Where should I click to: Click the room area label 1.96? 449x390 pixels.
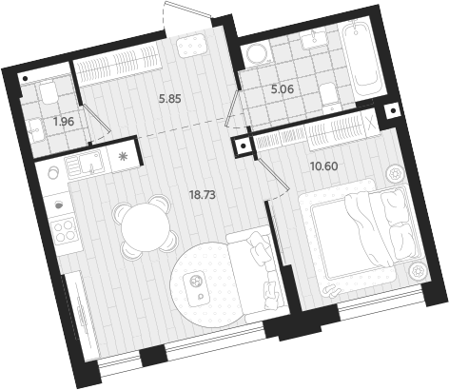pos(64,122)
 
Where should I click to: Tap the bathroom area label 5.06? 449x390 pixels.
pos(283,90)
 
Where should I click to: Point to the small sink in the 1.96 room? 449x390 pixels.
pos(37,134)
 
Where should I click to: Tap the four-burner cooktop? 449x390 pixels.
pos(65,232)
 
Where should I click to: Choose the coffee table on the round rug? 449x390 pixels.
pos(199,285)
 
